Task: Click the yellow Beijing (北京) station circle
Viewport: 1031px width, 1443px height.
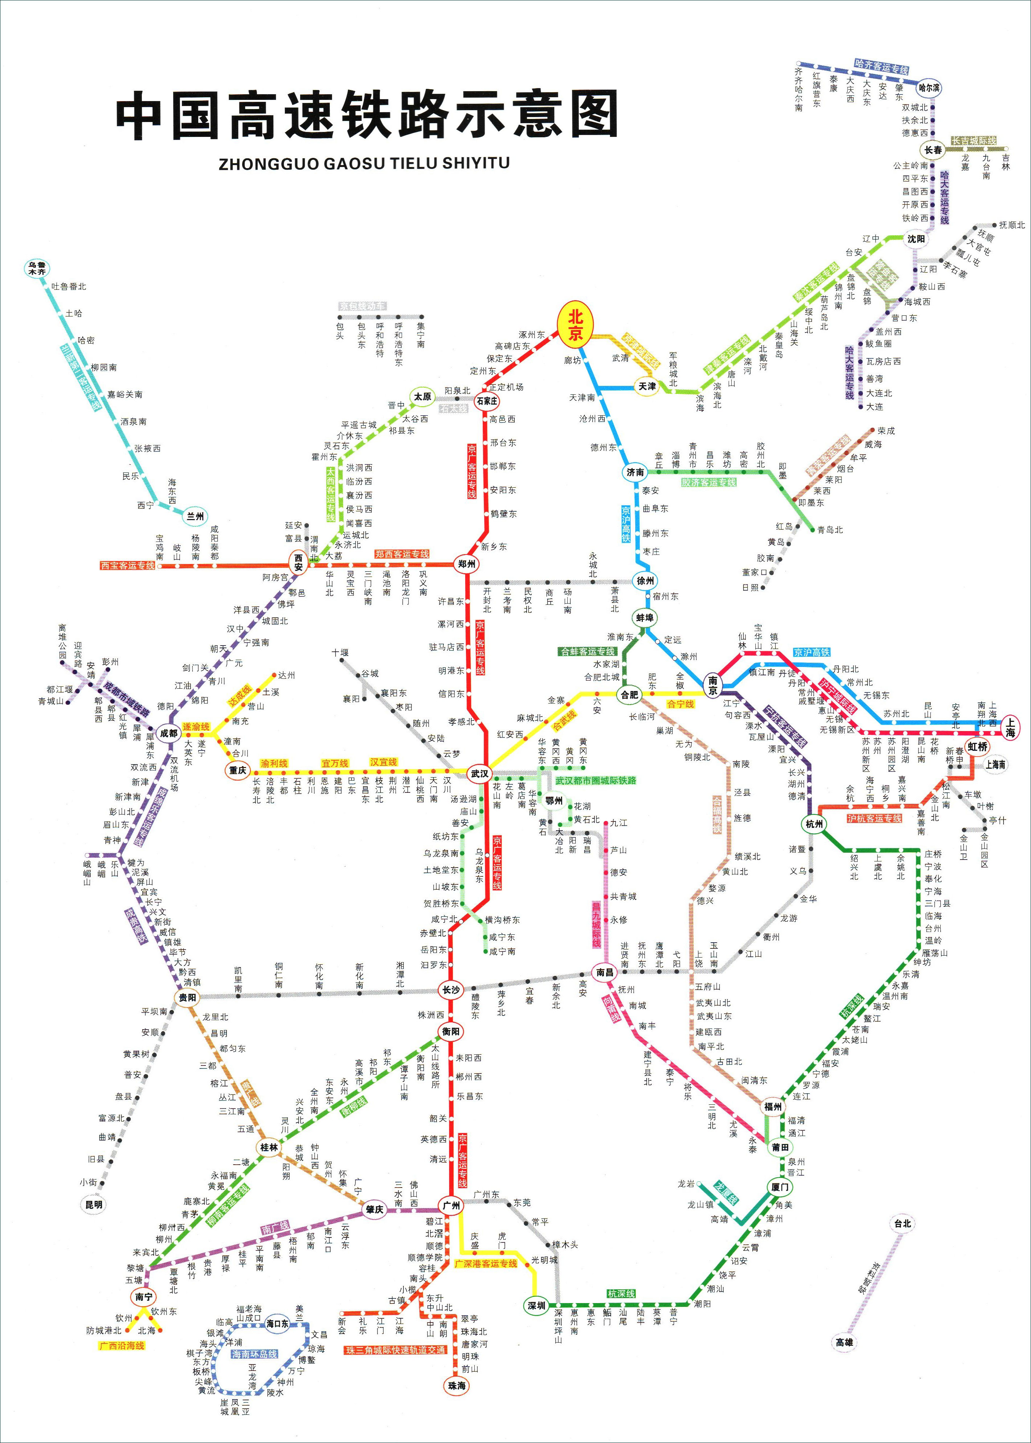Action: pyautogui.click(x=575, y=325)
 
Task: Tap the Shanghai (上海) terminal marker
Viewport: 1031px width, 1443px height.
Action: pyautogui.click(x=1010, y=727)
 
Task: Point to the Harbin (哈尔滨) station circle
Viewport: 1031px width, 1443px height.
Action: pyautogui.click(x=930, y=88)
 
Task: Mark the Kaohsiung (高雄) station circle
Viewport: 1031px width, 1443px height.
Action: pyautogui.click(x=844, y=1342)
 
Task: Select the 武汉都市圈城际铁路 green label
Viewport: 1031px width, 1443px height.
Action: pyautogui.click(x=596, y=780)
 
